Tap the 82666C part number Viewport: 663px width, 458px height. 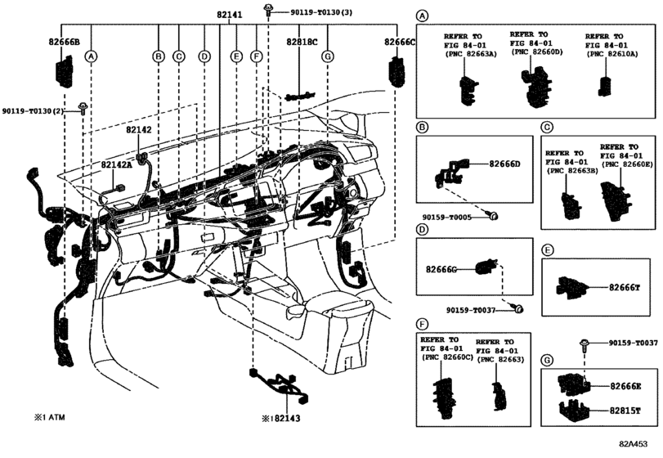(401, 41)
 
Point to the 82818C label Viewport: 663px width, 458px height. (302, 41)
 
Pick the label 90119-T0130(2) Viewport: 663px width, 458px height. (33, 110)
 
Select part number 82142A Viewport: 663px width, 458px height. (117, 165)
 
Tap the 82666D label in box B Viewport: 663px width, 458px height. (504, 164)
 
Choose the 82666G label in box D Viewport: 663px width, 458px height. (441, 268)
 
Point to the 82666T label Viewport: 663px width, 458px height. (624, 287)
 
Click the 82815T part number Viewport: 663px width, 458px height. (625, 411)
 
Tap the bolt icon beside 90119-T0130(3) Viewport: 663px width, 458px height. (267, 10)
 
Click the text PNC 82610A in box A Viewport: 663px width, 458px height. (610, 53)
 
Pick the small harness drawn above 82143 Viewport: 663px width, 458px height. (281, 385)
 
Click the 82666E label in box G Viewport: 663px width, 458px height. (625, 386)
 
